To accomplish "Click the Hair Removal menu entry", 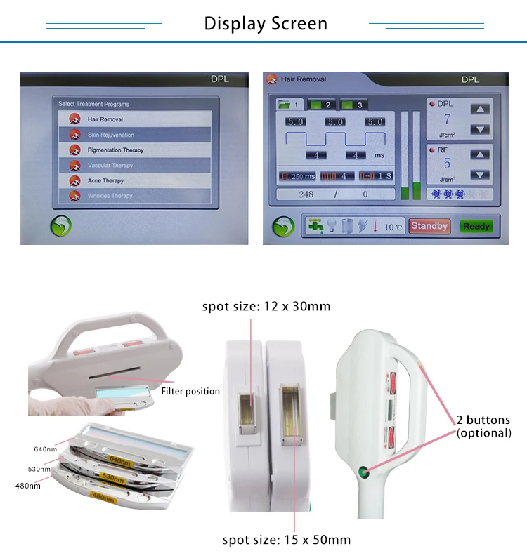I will point(105,119).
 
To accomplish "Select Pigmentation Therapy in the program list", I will point(115,150).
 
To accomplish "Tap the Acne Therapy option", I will point(105,181).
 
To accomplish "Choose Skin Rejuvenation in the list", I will point(110,135).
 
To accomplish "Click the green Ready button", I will point(476,227).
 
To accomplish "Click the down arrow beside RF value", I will point(479,175).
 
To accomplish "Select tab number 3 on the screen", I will point(353,105).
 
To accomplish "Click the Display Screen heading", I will point(266,24).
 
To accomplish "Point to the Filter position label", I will point(190,391).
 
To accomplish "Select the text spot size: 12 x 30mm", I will point(266,306).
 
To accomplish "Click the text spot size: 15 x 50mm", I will point(286,539).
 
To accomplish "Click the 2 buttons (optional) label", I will point(483,427).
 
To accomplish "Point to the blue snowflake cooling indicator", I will point(447,194).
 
